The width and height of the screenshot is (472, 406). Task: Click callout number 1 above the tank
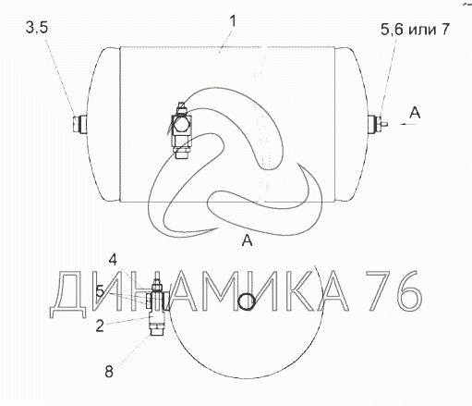pos(233,21)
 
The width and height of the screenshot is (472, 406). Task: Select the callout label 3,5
pos(37,28)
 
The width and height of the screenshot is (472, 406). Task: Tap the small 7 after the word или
pos(445,29)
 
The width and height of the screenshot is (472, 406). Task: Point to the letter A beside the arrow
pos(415,113)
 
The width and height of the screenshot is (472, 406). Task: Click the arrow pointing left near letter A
pos(408,124)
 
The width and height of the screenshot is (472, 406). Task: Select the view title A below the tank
pos(248,240)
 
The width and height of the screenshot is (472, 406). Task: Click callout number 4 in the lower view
pos(113,260)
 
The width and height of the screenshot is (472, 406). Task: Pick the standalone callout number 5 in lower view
pos(100,291)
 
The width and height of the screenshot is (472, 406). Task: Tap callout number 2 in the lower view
pos(100,326)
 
